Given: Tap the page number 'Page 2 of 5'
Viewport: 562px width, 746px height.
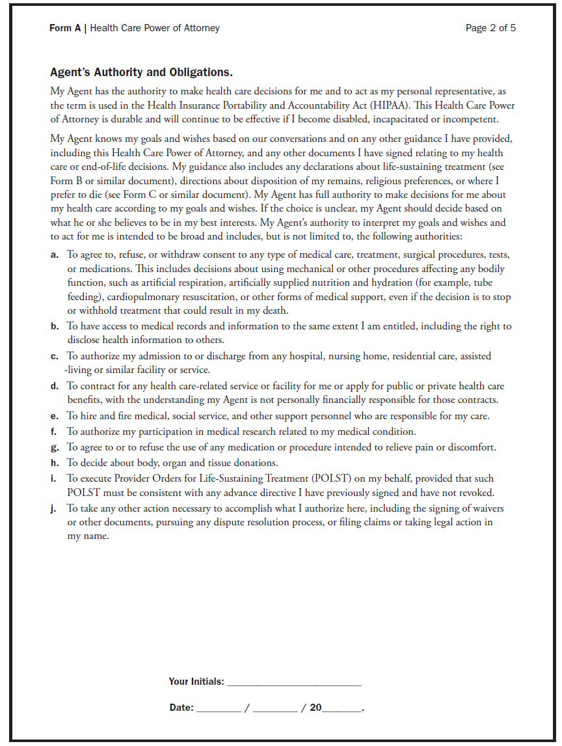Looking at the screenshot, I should point(490,28).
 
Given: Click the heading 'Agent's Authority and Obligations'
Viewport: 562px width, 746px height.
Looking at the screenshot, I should point(141,72).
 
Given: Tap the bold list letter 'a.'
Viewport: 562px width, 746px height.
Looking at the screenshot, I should point(55,255).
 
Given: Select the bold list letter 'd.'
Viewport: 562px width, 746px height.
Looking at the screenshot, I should point(55,386).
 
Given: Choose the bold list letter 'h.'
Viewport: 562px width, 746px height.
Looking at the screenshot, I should point(55,463).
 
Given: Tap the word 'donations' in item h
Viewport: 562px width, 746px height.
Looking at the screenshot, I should point(255,463).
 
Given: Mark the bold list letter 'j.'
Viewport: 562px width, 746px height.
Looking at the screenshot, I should point(55,508).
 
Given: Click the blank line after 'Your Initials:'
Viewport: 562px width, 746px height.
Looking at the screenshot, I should point(294,682).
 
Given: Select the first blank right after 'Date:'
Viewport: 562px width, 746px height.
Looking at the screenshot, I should point(218,708).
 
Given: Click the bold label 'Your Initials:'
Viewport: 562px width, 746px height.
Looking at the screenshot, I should point(196,682).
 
